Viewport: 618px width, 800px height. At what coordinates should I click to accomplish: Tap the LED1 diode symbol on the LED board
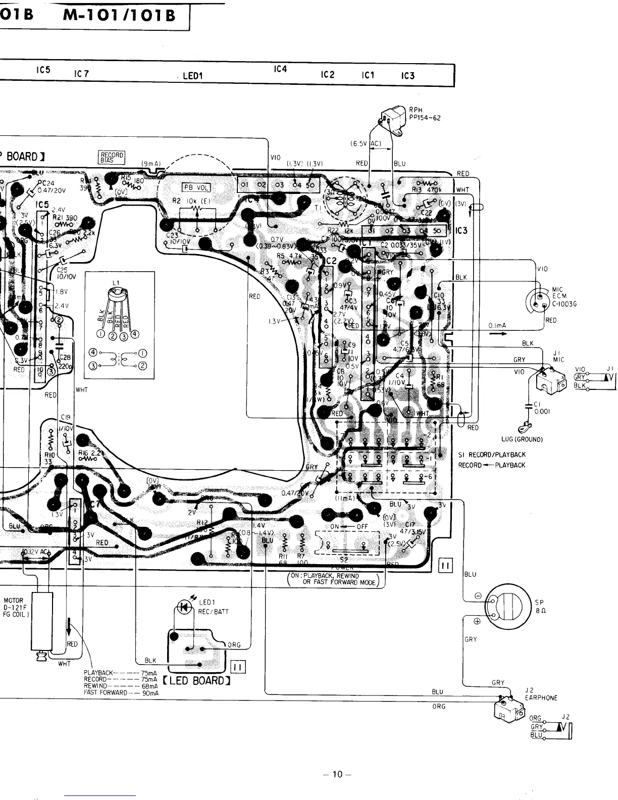(185, 608)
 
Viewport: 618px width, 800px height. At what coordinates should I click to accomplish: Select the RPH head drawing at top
(392, 122)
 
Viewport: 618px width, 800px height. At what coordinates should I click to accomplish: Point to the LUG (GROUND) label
(522, 439)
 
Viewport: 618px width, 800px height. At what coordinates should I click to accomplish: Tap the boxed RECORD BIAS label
(112, 158)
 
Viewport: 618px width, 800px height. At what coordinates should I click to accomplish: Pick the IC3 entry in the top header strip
(408, 76)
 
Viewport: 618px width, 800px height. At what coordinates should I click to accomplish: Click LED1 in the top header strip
(192, 76)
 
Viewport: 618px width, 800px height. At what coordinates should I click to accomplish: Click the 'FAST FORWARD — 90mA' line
(121, 693)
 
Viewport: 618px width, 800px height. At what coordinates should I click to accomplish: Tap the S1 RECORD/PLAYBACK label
(492, 455)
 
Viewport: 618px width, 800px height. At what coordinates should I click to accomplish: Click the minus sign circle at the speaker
(478, 594)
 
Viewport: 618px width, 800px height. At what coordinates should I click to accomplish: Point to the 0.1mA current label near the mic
(497, 326)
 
